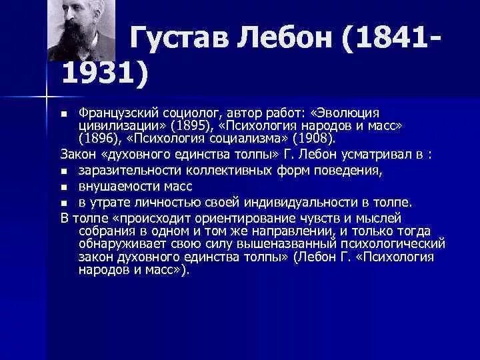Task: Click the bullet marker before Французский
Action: [64, 114]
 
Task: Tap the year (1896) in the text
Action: [97, 139]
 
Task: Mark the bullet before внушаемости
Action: [64, 187]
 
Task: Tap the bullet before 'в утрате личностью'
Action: [64, 203]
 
